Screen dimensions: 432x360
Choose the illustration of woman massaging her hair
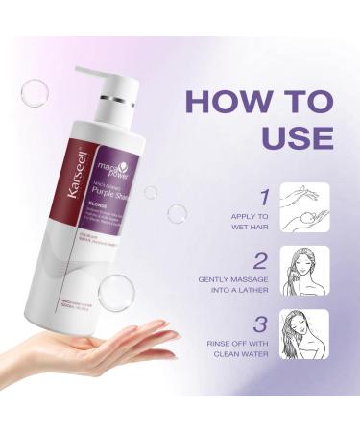(309, 269)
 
